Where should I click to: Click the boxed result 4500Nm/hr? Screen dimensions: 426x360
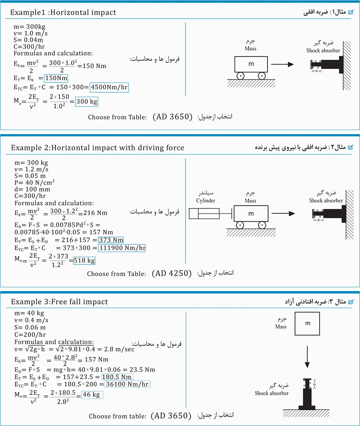(109, 88)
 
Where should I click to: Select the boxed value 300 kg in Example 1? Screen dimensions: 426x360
(87, 101)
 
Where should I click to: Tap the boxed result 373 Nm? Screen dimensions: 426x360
(111, 240)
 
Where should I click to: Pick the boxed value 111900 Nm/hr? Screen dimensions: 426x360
(122, 248)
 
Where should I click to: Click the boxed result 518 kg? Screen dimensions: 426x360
(84, 261)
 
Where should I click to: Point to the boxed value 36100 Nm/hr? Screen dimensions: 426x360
(126, 384)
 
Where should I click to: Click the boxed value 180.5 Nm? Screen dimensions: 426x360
(117, 377)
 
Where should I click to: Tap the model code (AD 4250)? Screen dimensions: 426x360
(172, 273)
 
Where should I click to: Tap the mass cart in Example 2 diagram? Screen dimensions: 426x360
(251, 214)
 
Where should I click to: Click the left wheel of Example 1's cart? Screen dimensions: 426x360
(240, 76)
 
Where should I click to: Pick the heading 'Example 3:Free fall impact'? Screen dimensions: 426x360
(59, 302)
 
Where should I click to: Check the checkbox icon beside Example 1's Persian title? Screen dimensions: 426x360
(351, 12)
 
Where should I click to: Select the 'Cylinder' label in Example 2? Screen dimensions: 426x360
(206, 200)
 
